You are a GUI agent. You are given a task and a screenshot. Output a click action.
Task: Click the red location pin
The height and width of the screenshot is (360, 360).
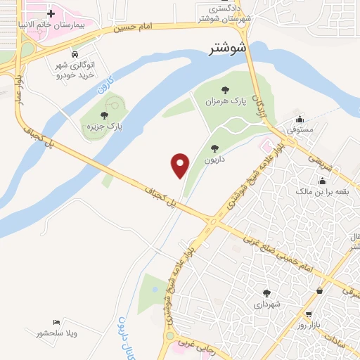tap(181, 165)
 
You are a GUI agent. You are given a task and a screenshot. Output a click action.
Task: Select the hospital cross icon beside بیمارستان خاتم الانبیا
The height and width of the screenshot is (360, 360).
tap(50, 13)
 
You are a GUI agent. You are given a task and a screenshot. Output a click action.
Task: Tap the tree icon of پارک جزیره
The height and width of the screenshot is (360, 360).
tap(104, 115)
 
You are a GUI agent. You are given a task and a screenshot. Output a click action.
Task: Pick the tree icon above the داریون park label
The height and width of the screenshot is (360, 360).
tap(214, 148)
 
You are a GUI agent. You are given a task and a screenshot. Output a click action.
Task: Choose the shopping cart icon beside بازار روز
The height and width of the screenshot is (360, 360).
tap(308, 314)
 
